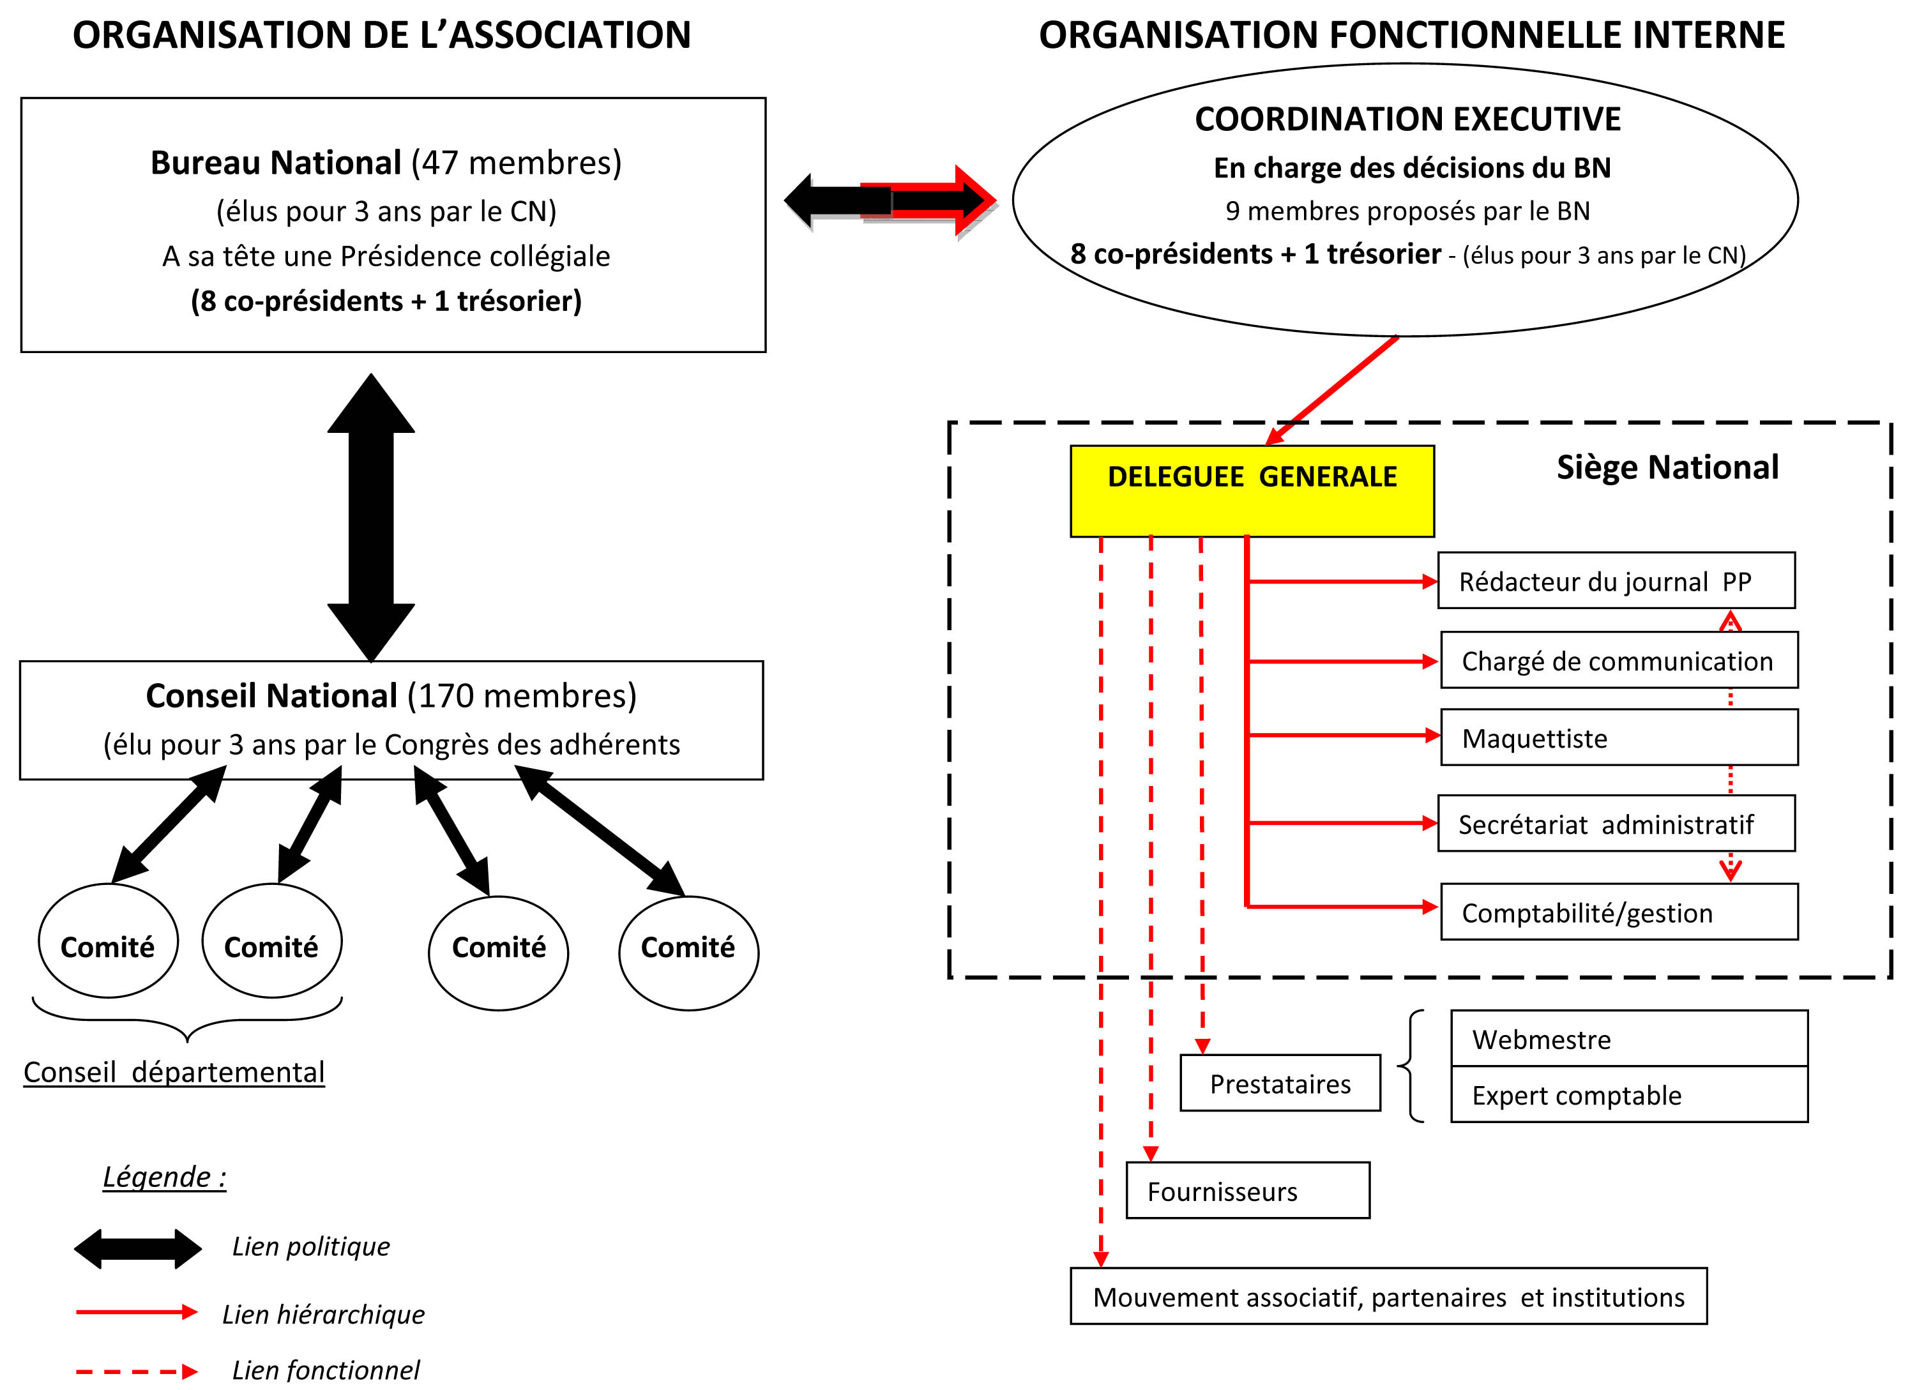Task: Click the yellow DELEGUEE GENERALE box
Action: point(1252,491)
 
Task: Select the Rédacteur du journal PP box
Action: point(1616,580)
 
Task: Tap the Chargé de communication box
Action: point(1619,660)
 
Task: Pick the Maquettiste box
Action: point(1619,737)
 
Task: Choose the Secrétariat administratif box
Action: point(1616,824)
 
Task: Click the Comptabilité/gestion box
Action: point(1619,912)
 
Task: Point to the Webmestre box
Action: point(1629,1039)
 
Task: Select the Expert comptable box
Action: point(1629,1094)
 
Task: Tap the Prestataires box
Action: point(1280,1083)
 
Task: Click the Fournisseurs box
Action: point(1247,1190)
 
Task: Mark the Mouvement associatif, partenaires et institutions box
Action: point(1389,1297)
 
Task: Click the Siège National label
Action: point(1667,467)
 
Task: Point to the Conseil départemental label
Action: point(174,1072)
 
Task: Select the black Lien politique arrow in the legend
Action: point(138,1248)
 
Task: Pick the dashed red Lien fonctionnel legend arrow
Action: point(137,1371)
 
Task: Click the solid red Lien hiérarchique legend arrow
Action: point(137,1311)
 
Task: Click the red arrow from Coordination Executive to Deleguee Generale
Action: point(1331,390)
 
